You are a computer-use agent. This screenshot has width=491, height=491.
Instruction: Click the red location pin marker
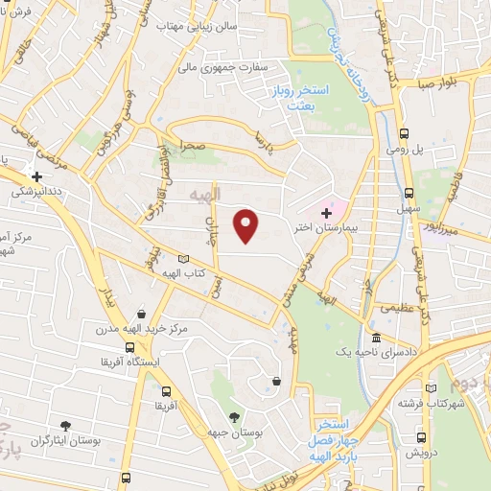(x=247, y=225)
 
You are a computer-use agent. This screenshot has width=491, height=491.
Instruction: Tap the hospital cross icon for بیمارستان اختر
(x=326, y=211)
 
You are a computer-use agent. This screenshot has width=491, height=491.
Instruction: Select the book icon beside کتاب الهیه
(x=183, y=259)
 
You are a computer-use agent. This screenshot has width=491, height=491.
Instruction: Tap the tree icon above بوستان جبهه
(x=234, y=416)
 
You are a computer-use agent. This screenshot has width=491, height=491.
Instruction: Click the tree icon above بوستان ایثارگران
(x=65, y=426)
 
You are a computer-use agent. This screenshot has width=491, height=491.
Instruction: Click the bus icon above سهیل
(x=409, y=192)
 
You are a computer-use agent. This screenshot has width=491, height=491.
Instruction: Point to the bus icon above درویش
(x=419, y=434)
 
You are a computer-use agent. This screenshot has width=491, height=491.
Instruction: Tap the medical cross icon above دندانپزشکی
(x=36, y=176)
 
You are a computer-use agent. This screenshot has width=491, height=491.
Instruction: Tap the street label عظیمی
(x=397, y=309)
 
